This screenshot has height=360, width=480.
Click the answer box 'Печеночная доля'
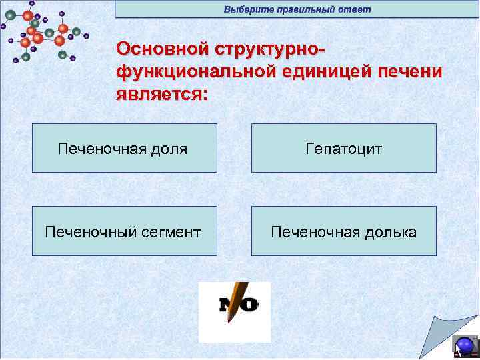[125, 148]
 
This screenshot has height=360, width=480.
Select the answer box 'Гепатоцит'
[343, 148]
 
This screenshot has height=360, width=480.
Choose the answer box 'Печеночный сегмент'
[125, 231]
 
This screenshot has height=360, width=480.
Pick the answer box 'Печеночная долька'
[343, 231]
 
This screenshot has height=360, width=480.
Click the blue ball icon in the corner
[465, 345]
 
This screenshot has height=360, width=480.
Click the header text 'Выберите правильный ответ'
[297, 9]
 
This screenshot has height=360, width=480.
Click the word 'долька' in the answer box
[390, 232]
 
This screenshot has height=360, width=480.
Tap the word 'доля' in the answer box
[169, 149]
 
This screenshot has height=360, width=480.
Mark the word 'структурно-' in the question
[269, 49]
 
